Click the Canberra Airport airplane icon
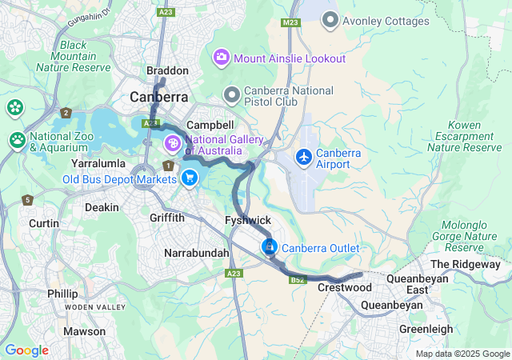(x=304, y=157)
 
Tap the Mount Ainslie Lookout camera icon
(x=220, y=58)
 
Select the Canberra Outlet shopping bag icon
(x=270, y=247)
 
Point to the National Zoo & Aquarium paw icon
(x=18, y=140)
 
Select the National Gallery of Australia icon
(x=172, y=145)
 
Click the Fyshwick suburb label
(x=249, y=219)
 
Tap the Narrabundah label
(x=196, y=253)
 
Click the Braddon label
(x=167, y=71)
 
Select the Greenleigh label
(x=426, y=329)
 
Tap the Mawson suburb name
(x=84, y=331)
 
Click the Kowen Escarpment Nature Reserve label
(x=464, y=136)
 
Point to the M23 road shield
(x=290, y=23)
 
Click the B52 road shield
(x=298, y=280)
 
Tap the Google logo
(x=26, y=350)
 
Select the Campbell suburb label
(x=210, y=126)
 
